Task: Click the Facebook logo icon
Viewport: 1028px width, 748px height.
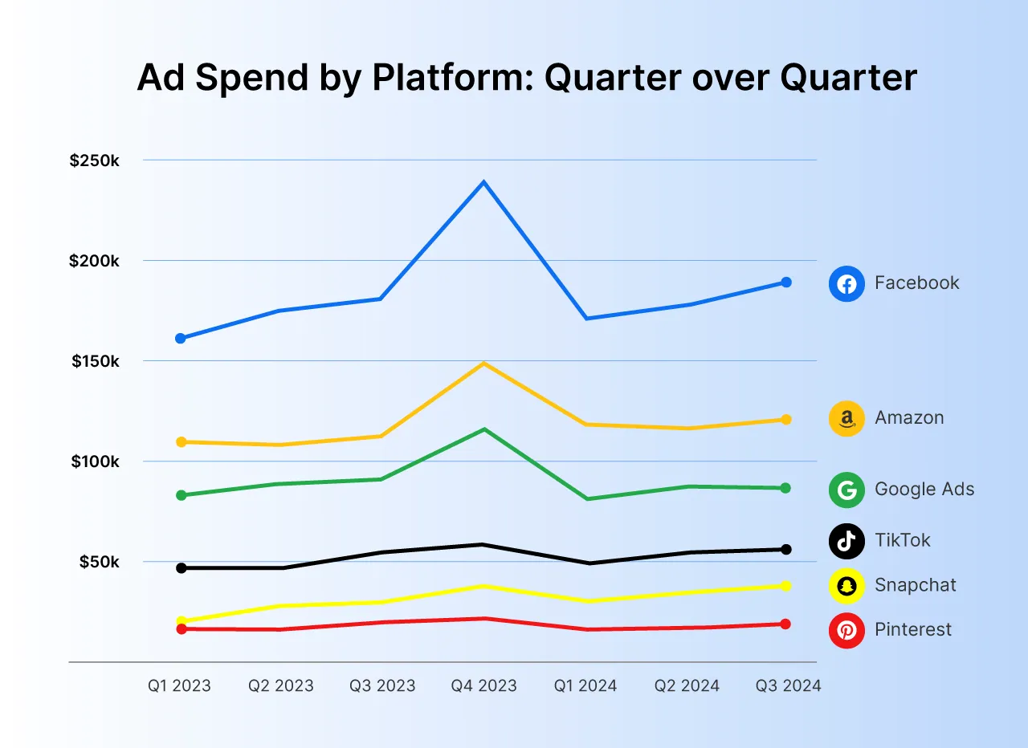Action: pos(846,283)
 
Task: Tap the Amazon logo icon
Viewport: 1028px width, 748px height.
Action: pos(846,418)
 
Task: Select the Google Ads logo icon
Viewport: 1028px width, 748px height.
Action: pos(846,490)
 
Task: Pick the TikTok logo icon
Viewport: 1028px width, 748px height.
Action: pos(846,540)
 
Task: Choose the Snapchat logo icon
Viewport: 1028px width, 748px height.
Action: pos(846,585)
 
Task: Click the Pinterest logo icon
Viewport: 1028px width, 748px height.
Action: pos(846,630)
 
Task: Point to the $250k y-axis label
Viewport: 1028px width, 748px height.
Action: pos(94,161)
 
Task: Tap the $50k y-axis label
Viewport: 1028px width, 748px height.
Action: pos(99,562)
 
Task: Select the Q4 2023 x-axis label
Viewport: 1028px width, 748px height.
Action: pos(483,686)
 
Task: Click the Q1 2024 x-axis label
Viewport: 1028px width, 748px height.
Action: pos(585,686)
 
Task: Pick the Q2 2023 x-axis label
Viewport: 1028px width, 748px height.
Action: pos(281,686)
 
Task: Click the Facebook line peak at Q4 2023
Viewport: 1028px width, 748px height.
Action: pos(483,183)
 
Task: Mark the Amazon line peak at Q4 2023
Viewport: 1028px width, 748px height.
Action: pos(483,364)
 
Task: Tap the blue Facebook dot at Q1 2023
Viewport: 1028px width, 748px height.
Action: pos(181,339)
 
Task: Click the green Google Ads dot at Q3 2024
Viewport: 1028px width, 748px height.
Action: pos(785,488)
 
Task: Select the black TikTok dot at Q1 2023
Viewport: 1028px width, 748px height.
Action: pos(181,568)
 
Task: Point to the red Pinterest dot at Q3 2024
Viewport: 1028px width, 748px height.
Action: pos(785,624)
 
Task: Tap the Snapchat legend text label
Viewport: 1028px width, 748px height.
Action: pos(916,585)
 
